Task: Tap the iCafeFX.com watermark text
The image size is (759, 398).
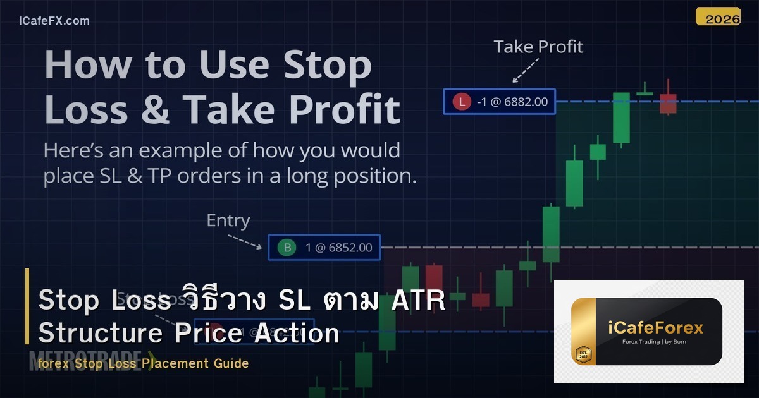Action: pos(54,21)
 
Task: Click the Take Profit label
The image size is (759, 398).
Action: pos(538,47)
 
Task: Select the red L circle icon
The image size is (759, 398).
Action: pos(462,101)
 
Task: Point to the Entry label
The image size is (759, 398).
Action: pos(228,220)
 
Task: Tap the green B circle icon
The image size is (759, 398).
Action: pos(288,248)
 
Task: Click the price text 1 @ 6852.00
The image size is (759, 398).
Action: pos(339,248)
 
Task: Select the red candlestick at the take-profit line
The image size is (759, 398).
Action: pos(668,102)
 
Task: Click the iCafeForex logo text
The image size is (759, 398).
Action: pos(646,328)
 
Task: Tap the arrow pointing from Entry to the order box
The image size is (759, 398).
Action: pos(245,241)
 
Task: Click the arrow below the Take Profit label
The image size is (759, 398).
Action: pos(524,70)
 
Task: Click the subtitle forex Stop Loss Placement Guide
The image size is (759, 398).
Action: pos(143,363)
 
